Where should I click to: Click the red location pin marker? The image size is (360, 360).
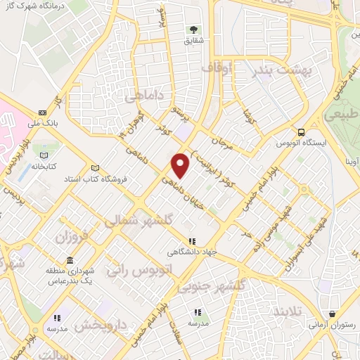tap(181, 166)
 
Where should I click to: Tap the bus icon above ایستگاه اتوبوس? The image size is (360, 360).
tap(301, 131)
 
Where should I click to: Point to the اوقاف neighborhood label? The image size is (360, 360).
tap(216, 67)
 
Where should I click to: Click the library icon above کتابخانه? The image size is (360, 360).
tap(45, 155)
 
